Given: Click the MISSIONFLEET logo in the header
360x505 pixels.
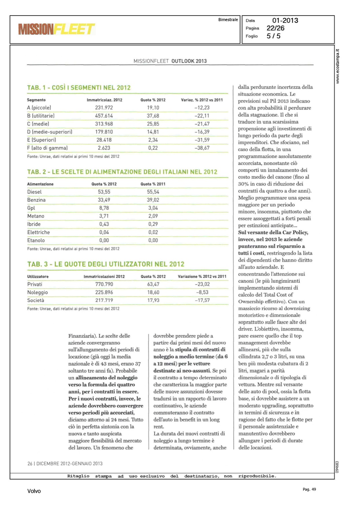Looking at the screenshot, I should pyautogui.click(x=57, y=29).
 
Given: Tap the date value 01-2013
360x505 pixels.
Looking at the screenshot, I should pyautogui.click(x=285, y=21).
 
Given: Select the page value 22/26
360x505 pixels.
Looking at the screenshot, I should pyautogui.click(x=275, y=28).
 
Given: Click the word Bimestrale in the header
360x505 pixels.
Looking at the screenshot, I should pyautogui.click(x=228, y=20).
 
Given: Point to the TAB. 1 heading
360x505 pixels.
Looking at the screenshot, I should pyautogui.click(x=79, y=88).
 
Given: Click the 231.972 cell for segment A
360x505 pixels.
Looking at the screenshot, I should pyautogui.click(x=104, y=108).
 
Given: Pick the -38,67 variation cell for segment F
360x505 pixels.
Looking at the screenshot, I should pyautogui.click(x=202, y=148).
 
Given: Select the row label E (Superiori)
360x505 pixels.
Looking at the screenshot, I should pyautogui.click(x=42, y=140).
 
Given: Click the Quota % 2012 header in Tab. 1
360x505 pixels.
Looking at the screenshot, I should pyautogui.click(x=153, y=100).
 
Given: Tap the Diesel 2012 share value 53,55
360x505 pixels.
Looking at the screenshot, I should pyautogui.click(x=104, y=192).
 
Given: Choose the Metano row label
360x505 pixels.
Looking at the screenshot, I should pyautogui.click(x=36, y=216).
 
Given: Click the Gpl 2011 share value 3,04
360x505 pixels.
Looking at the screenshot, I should pyautogui.click(x=153, y=208).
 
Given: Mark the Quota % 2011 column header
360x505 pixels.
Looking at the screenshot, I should pyautogui.click(x=153, y=184).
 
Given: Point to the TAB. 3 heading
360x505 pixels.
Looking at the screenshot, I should pyautogui.click(x=106, y=264).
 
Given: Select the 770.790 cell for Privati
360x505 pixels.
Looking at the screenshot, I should pyautogui.click(x=104, y=284).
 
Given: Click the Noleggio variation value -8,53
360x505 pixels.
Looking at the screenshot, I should pyautogui.click(x=202, y=293).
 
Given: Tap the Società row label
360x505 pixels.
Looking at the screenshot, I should pyautogui.click(x=36, y=300).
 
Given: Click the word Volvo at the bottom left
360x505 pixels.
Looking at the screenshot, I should pyautogui.click(x=34, y=491).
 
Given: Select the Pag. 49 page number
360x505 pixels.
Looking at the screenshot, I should pyautogui.click(x=309, y=490).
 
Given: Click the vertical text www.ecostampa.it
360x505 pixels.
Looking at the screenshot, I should pyautogui.click(x=337, y=66).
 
